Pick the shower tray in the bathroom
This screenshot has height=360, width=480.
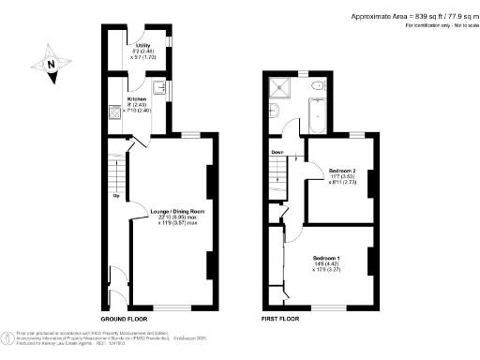pos(278,89)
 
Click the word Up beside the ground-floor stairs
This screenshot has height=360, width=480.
pos(115,196)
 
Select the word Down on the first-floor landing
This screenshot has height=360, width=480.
pos(277,151)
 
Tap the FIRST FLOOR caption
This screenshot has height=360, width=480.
pos(279,319)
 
